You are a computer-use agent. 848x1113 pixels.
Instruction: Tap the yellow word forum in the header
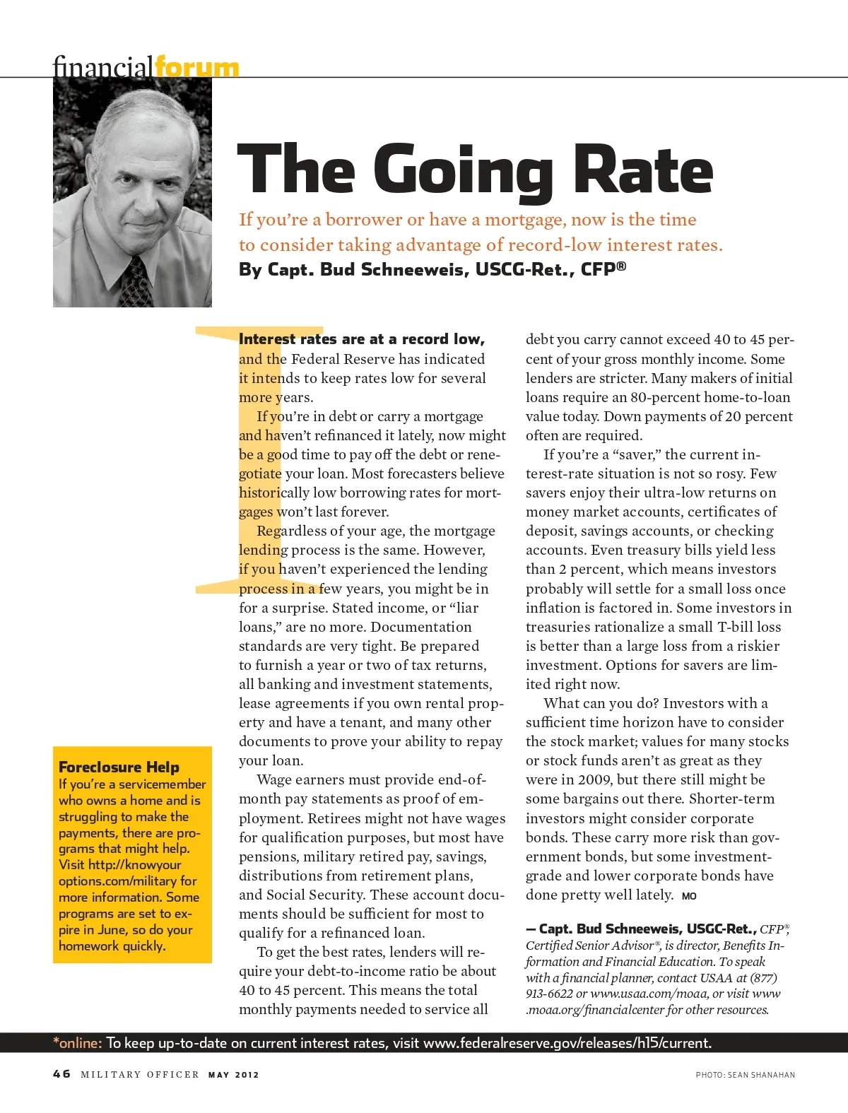point(196,68)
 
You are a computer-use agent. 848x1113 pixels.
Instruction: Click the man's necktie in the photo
point(136,283)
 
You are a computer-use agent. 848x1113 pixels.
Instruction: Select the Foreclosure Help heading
point(119,767)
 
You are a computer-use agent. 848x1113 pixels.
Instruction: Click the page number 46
point(61,1074)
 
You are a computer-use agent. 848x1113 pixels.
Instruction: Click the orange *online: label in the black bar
point(78,1043)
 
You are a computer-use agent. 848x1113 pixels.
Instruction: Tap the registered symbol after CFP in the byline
point(621,266)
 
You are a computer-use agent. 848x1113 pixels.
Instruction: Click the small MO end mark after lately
point(689,896)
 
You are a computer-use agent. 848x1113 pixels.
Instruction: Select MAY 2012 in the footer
point(233,1075)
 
